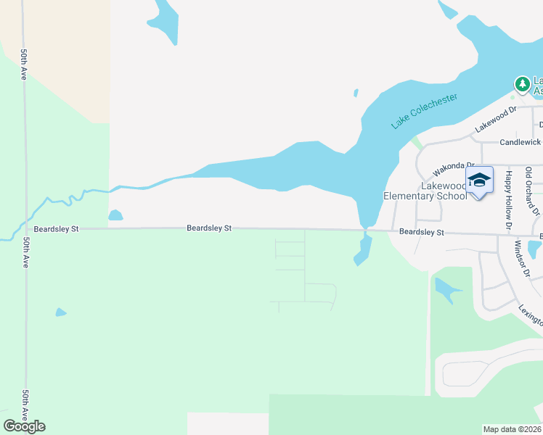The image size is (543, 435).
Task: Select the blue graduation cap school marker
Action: pyautogui.click(x=479, y=181)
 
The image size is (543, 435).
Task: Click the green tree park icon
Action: pyautogui.click(x=521, y=84)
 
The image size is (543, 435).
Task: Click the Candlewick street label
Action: pyautogui.click(x=520, y=144)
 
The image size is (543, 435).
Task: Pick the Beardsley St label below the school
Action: pyautogui.click(x=421, y=232)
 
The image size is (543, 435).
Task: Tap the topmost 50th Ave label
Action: pyautogui.click(x=25, y=65)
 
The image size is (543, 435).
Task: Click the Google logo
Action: pyautogui.click(x=24, y=426)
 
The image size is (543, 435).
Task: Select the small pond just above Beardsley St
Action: pyautogui.click(x=115, y=215)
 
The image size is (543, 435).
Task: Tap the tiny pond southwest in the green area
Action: pyautogui.click(x=60, y=312)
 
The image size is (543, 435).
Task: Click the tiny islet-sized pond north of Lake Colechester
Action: pyautogui.click(x=356, y=93)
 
